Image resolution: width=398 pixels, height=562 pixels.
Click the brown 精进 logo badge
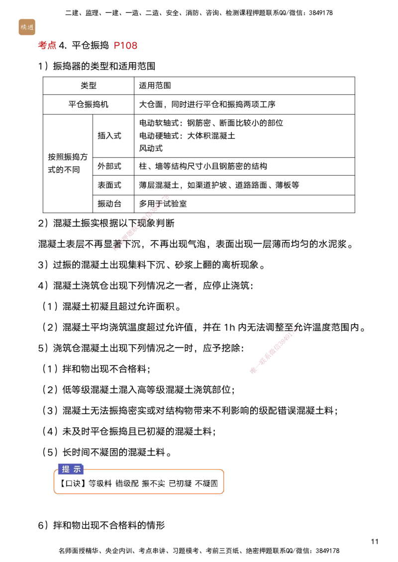(x=27, y=27)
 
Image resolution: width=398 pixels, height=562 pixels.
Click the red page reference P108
(x=125, y=46)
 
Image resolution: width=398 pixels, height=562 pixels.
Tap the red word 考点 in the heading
(x=47, y=46)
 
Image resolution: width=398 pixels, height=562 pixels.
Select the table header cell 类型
(x=89, y=86)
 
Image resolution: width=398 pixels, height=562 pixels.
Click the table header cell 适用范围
(x=244, y=86)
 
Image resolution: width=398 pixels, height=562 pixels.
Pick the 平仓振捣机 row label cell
(x=89, y=105)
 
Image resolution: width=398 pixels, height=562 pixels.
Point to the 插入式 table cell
(x=113, y=136)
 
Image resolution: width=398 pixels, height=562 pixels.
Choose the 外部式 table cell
(x=113, y=166)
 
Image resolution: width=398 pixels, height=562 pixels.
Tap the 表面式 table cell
(x=113, y=185)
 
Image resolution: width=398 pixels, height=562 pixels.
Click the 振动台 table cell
(x=113, y=204)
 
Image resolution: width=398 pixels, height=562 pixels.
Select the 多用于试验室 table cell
(x=244, y=204)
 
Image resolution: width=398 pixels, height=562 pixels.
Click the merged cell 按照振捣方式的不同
(x=68, y=163)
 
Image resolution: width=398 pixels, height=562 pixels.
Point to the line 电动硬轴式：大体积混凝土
(x=187, y=136)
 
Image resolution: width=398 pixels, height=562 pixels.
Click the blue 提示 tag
(x=71, y=469)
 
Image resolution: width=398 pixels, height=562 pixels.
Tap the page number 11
(x=375, y=541)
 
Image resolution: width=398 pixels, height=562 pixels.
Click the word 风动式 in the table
(x=151, y=148)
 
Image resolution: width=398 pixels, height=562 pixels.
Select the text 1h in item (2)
(x=229, y=327)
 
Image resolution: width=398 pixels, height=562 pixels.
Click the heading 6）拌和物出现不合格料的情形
(x=101, y=525)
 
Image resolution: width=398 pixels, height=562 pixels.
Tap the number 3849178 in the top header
(x=321, y=13)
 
